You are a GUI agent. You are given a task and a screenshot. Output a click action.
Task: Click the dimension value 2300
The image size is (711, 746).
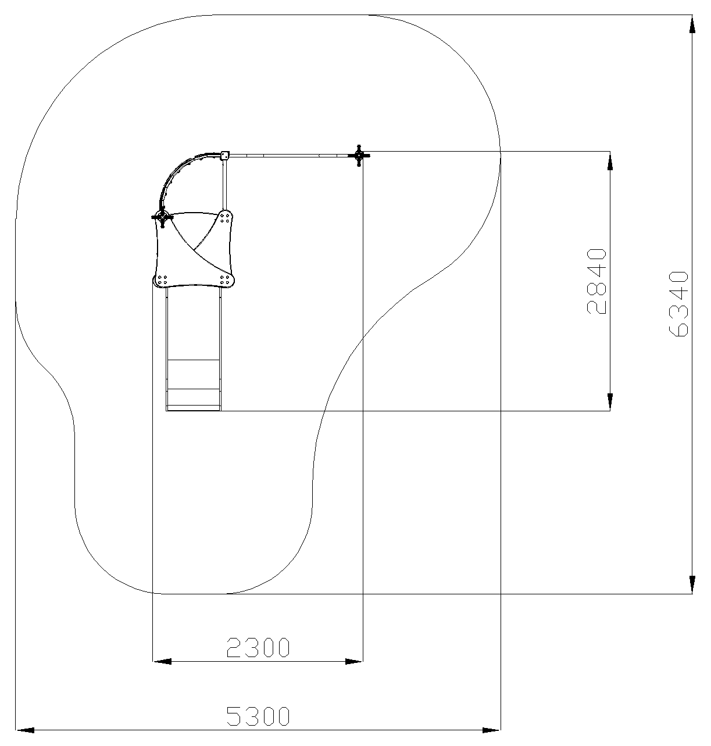click(x=258, y=647)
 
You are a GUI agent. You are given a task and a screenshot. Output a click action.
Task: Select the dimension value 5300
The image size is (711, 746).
click(x=258, y=716)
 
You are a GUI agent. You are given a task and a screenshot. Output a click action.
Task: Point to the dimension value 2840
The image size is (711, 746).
click(x=596, y=281)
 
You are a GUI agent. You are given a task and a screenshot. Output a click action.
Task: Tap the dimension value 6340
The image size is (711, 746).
click(x=678, y=303)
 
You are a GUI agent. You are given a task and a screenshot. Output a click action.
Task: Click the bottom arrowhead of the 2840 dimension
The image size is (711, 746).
click(x=610, y=401)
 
